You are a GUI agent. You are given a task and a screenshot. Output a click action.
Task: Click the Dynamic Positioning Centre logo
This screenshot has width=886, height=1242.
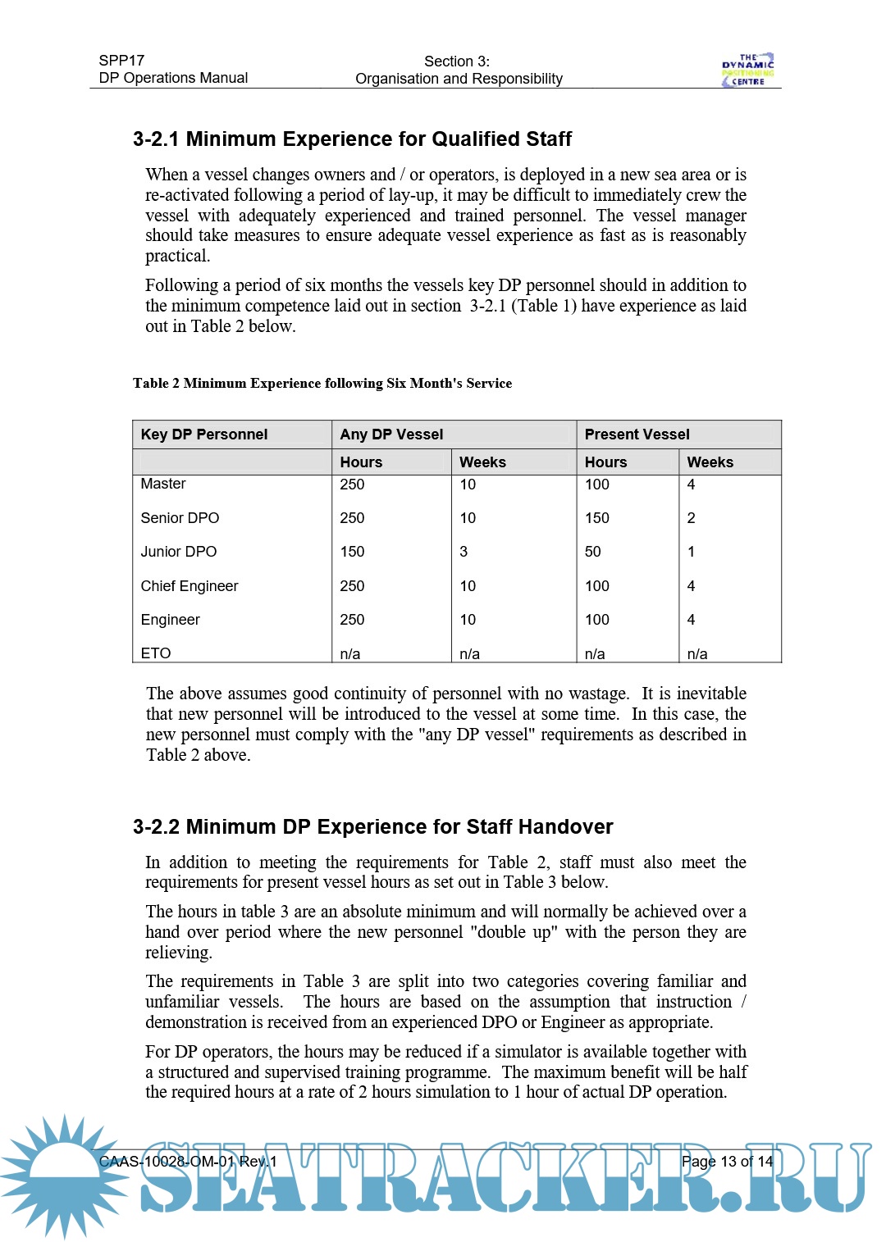(x=747, y=71)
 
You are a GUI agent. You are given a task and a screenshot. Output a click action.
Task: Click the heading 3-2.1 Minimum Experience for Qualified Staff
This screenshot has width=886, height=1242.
(x=352, y=139)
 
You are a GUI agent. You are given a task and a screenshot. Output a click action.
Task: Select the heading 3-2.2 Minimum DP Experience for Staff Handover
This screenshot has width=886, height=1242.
(x=372, y=827)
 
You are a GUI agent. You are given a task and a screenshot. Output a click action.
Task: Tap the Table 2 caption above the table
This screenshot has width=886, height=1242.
(x=322, y=384)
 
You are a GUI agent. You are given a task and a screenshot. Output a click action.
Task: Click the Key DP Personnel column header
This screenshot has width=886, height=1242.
(x=204, y=434)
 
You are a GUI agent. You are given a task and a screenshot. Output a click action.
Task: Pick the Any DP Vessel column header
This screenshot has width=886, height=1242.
(x=391, y=434)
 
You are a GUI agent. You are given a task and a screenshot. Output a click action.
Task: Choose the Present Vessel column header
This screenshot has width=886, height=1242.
(x=637, y=434)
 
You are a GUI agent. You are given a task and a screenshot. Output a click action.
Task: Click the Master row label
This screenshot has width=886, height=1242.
(x=163, y=485)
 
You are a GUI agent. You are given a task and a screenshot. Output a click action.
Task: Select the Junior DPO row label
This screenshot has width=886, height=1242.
(x=179, y=552)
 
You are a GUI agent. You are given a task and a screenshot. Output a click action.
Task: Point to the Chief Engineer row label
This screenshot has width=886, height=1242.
(x=190, y=586)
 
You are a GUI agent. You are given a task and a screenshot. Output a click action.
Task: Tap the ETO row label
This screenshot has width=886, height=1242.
(x=156, y=653)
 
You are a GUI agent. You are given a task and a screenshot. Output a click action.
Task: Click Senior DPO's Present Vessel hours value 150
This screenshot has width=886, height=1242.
(x=596, y=518)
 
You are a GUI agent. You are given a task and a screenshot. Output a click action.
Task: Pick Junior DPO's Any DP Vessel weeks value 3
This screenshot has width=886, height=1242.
(x=464, y=552)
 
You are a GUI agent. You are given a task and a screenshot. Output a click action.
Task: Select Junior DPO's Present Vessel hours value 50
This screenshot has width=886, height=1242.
(x=592, y=552)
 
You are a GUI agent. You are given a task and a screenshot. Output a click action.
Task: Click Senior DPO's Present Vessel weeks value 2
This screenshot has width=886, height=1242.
(x=691, y=518)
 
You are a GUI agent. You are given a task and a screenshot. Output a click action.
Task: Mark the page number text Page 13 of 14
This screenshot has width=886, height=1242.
(x=727, y=1162)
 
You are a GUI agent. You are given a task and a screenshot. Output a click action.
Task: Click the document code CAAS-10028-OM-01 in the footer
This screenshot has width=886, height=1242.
(x=167, y=1162)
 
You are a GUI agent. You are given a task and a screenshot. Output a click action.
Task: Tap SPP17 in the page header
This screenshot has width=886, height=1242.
(x=121, y=61)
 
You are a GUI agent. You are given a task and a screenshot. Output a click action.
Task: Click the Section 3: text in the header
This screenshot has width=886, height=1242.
(x=457, y=61)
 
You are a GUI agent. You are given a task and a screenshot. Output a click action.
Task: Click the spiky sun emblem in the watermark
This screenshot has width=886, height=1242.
(x=62, y=1176)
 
